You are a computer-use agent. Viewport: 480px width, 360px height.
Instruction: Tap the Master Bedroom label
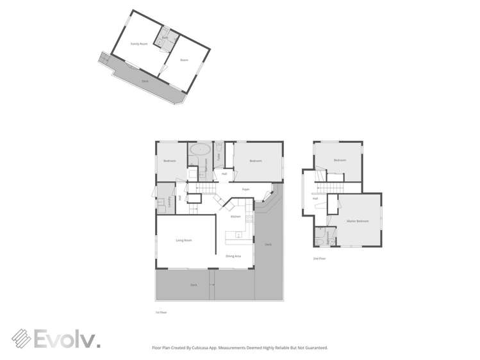pos(358,221)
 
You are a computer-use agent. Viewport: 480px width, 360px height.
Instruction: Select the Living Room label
pos(184,240)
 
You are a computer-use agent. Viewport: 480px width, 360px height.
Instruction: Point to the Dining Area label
pos(233,256)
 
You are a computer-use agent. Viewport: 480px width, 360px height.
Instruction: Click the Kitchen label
pos(235,217)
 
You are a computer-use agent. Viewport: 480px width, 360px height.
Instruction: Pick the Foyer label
pos(245,190)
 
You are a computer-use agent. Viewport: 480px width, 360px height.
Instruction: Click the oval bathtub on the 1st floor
pos(200,150)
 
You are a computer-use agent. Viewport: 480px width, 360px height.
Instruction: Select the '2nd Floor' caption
pos(319,259)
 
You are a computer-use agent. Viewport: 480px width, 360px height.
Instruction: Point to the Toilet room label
pos(219,156)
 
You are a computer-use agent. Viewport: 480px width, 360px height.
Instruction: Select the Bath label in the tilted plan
pos(164,38)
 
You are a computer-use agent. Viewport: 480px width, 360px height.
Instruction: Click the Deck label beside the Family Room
pos(145,81)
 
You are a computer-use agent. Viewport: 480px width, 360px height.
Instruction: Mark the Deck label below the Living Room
pos(193,285)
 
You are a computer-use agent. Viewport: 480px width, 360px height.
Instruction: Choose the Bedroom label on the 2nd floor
pos(340,160)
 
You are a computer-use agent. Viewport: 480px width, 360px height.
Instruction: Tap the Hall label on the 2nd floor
pos(316,198)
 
